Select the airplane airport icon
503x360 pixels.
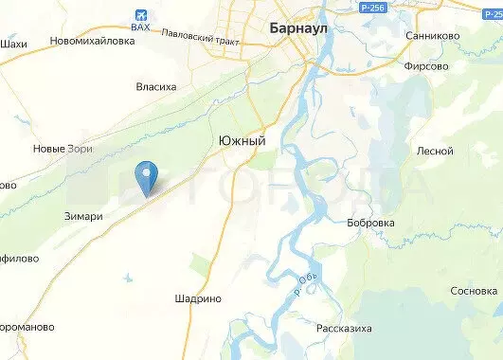click(x=141, y=14)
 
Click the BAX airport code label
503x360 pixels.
click(x=141, y=27)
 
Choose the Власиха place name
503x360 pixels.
click(x=156, y=87)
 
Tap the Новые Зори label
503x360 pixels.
click(x=63, y=149)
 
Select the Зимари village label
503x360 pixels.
click(x=83, y=216)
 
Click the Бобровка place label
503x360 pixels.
click(x=370, y=223)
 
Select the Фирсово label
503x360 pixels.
click(x=425, y=68)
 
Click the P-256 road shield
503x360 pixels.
click(x=373, y=7)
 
